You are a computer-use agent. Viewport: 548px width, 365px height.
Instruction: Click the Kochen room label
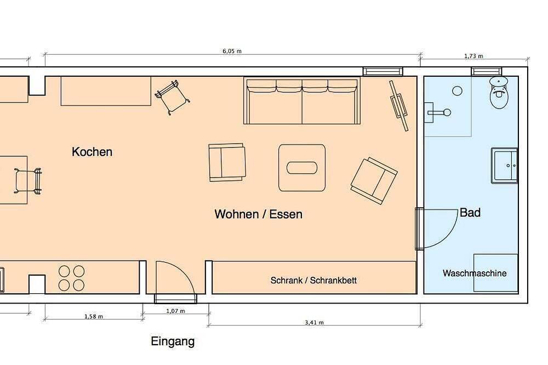pos(92,152)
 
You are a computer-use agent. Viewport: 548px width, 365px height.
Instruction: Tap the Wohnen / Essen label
pos(258,214)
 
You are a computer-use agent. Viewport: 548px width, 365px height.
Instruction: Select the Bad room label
pos(470,213)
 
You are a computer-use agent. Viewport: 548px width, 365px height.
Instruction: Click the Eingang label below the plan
pos(173,341)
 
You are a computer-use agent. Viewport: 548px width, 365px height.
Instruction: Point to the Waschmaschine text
pos(474,273)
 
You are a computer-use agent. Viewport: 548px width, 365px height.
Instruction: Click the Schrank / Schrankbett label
pos(313,281)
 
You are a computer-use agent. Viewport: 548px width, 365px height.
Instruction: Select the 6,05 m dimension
pos(232,51)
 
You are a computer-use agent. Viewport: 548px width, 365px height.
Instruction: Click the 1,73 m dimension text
pos(473,56)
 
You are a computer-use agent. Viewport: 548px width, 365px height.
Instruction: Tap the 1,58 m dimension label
pos(94,316)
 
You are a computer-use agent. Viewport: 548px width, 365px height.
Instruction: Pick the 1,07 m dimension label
pos(175,311)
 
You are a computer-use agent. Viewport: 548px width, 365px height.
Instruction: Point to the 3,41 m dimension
pos(314,322)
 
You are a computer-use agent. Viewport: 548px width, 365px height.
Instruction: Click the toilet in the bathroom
pos(499,92)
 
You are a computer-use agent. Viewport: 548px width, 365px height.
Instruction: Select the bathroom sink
pos(504,166)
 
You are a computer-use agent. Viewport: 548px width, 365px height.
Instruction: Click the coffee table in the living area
pos(302,168)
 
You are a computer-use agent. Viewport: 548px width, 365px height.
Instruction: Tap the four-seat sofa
pos(302,101)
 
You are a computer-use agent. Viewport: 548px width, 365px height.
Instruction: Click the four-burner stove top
pos(71,278)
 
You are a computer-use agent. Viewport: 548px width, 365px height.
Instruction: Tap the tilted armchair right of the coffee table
pos(374,181)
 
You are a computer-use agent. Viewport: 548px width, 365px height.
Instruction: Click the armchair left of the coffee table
pos(227,162)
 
